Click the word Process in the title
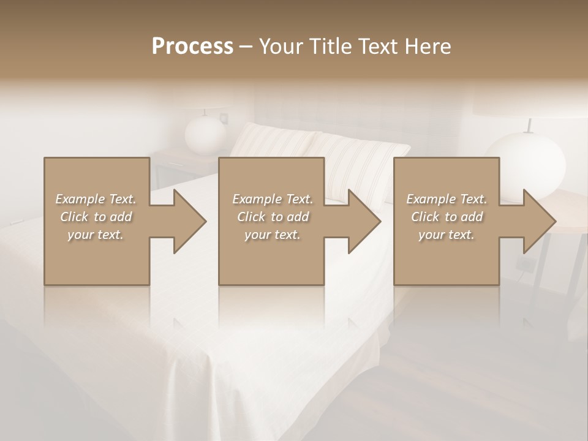tap(192, 46)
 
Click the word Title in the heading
tap(326, 46)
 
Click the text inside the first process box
tap(96, 216)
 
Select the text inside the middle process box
tap(272, 216)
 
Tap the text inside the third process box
tap(446, 216)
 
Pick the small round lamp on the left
tap(206, 134)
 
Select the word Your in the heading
tap(279, 46)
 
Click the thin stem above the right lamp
tap(529, 125)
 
